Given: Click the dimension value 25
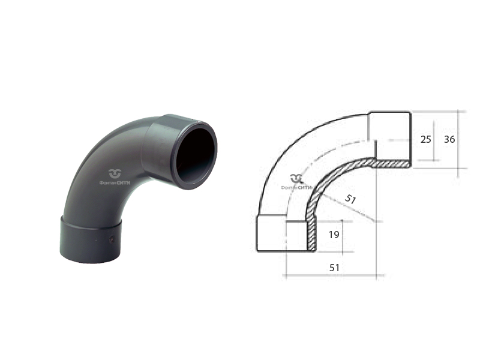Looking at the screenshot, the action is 425,139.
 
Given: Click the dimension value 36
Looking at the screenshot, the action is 449,139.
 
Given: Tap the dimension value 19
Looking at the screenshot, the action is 334,235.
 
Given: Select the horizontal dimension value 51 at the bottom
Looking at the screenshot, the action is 334,268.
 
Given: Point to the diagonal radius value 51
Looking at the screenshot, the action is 350,199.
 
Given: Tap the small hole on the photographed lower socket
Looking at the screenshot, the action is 112,239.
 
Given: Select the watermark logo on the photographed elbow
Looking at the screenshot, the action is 115,173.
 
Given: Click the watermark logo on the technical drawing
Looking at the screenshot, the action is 296,178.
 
